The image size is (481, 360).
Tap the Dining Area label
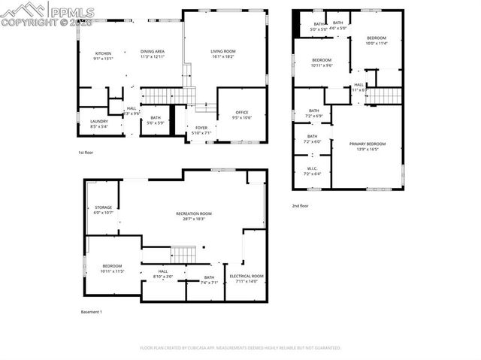pos(153,52)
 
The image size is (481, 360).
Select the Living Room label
pos(222,51)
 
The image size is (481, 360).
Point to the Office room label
pos(242,113)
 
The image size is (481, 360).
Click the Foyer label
pos(201,128)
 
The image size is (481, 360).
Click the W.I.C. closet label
pos(313,168)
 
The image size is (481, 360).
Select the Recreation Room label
pos(194,213)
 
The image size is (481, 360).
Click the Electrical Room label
pos(247,276)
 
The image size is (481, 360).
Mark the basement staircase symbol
pos(183,255)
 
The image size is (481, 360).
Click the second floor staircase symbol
pos(384,95)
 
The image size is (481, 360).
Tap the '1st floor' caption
pos(86,153)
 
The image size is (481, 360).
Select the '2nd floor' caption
pos(301,205)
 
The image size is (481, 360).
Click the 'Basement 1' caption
pos(91,311)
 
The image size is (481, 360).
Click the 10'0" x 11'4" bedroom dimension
pos(377,43)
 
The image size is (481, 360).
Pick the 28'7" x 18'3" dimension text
pos(194,219)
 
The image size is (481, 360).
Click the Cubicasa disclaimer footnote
pos(240,348)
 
